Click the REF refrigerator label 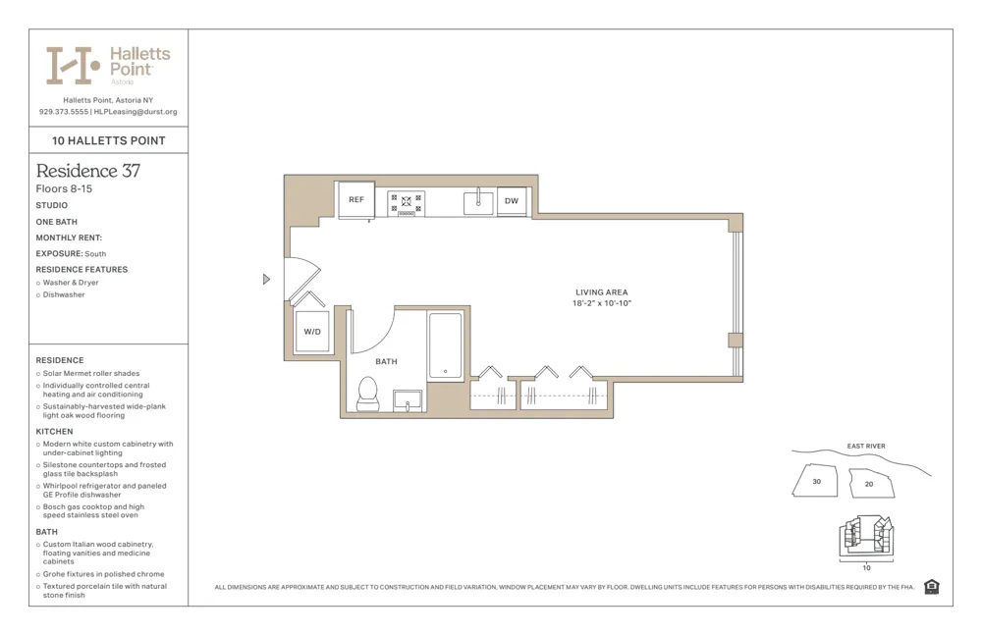point(355,200)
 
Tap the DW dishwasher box point(512,200)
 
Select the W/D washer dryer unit point(312,332)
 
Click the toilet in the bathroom point(368,393)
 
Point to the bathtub point(445,345)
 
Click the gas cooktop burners point(406,202)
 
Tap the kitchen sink point(478,202)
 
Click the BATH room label point(387,362)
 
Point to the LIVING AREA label point(602,292)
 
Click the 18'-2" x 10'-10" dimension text point(602,303)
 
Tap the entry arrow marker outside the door point(266,280)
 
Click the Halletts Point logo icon point(73,65)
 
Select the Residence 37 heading point(88,171)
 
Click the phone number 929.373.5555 point(64,112)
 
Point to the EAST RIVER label point(866,447)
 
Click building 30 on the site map point(817,482)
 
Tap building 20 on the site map point(870,484)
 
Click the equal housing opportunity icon point(932,587)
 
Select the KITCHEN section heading point(54,432)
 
